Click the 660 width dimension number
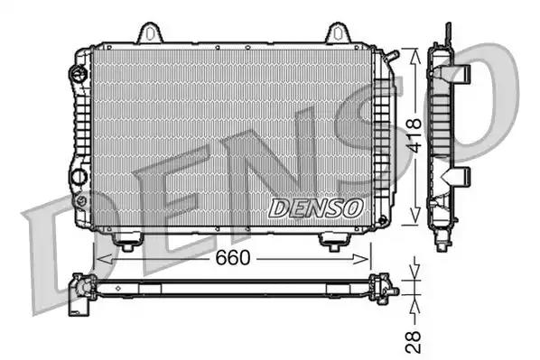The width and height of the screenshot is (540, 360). pos(232,258)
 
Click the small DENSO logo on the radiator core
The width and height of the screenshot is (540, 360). pos(316,207)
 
